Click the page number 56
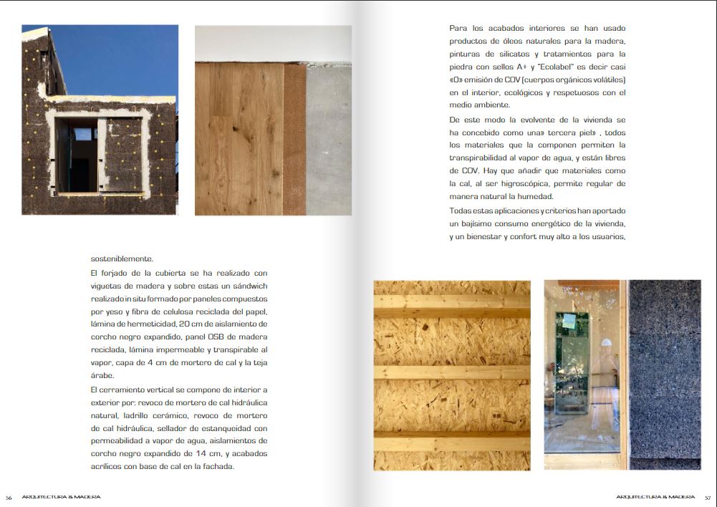point(9,497)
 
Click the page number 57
point(707,497)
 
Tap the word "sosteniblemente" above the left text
point(122,259)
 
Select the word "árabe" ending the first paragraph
point(102,376)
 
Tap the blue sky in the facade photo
point(122,57)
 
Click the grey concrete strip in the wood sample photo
point(329,140)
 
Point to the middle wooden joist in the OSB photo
point(451,372)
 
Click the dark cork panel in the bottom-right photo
point(664,372)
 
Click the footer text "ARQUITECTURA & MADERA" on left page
point(62,497)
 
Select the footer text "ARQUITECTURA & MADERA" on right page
point(655,497)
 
